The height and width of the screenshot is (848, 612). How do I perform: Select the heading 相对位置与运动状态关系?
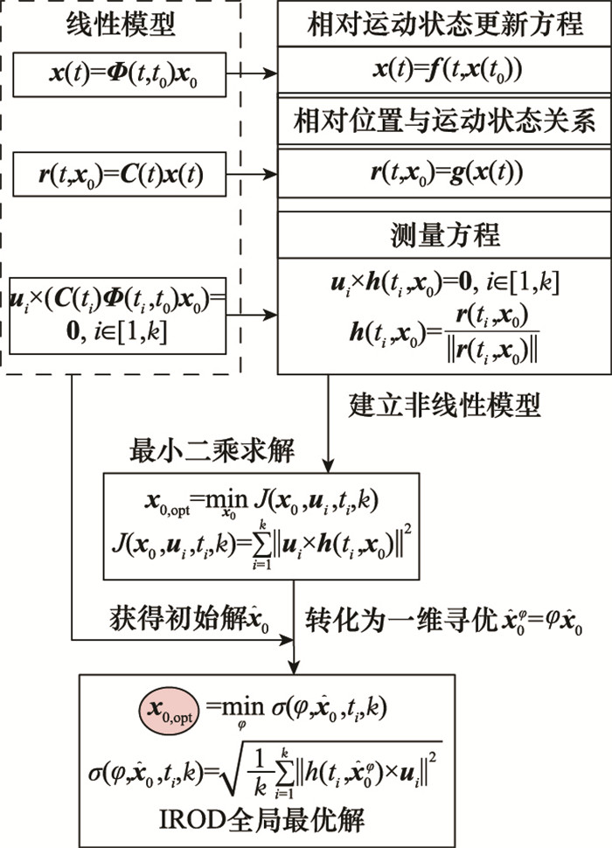click(444, 122)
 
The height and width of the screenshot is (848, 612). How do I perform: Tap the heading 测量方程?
click(444, 234)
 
